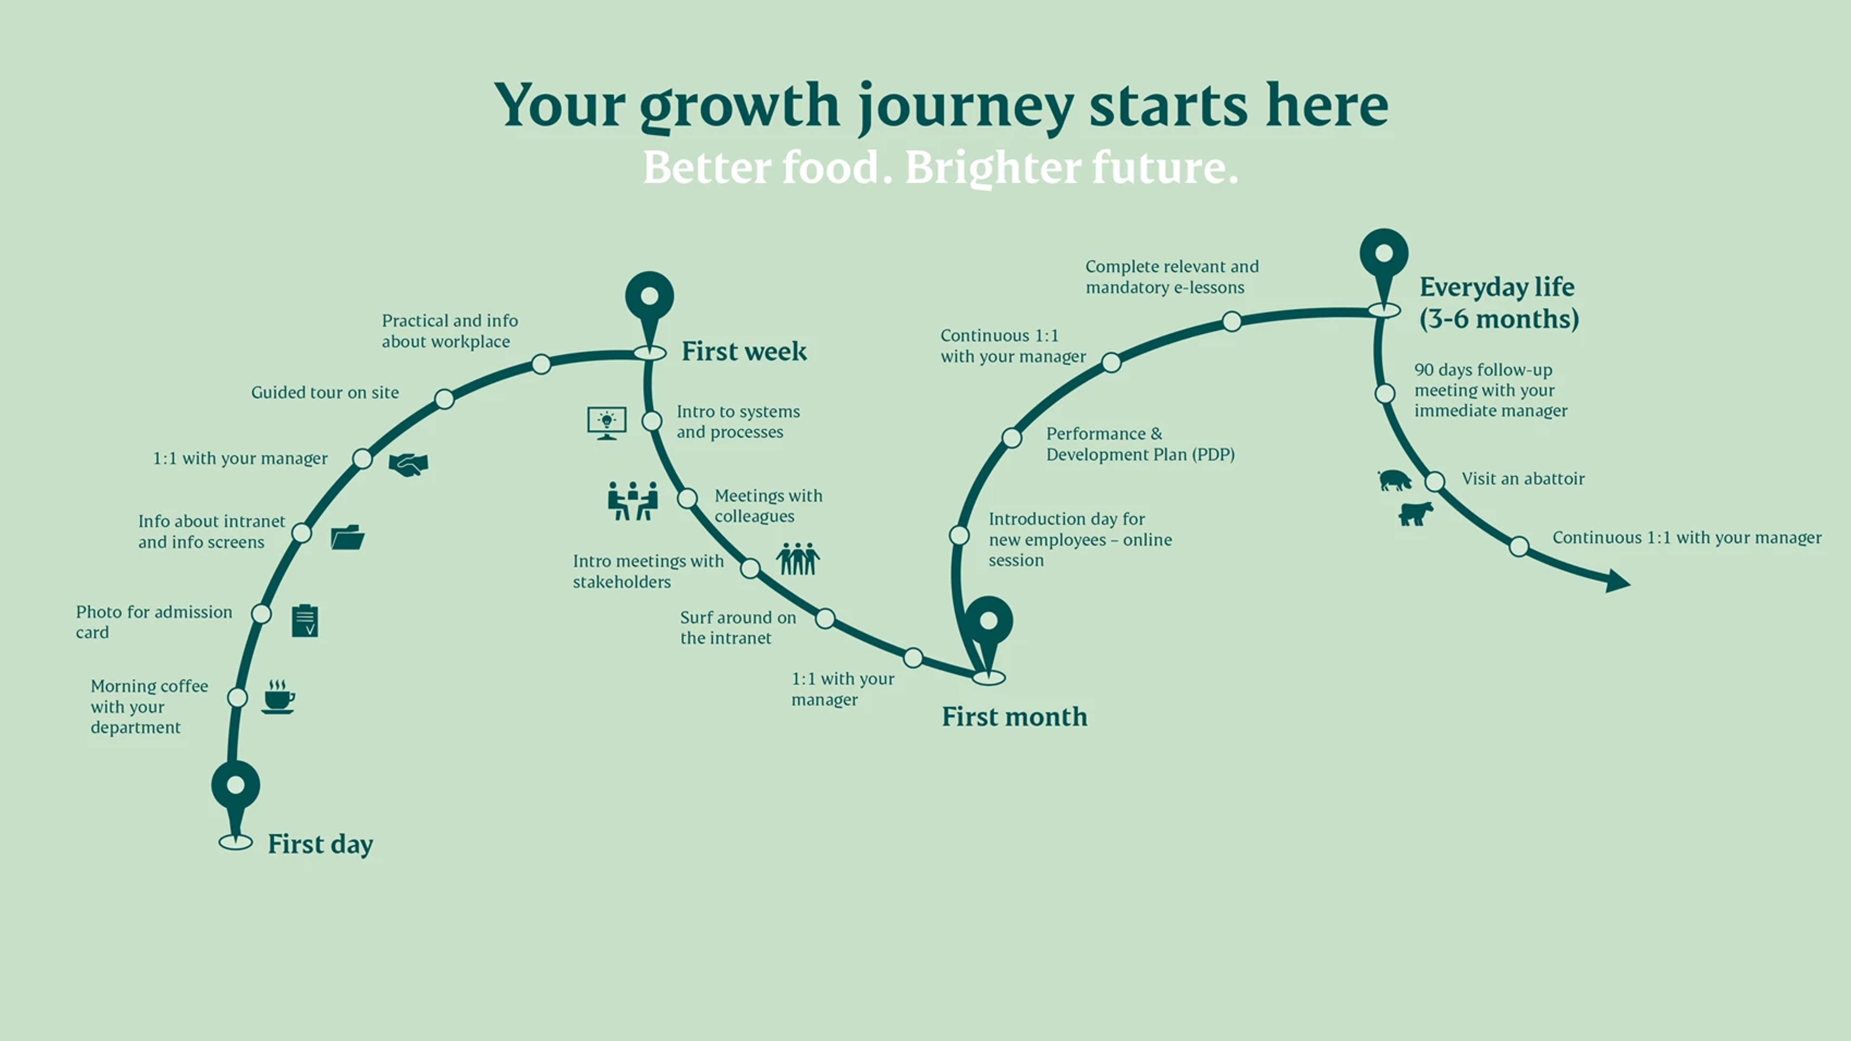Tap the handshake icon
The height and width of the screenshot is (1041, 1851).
(x=408, y=464)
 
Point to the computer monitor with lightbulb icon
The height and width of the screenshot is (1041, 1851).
(x=606, y=423)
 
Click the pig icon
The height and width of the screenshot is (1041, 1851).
(x=1395, y=480)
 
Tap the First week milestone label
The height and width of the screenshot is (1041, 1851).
(x=744, y=351)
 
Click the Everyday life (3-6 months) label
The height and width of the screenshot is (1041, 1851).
(x=1499, y=303)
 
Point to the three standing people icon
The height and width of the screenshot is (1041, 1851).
(x=798, y=558)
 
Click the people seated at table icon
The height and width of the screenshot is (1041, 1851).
(x=632, y=501)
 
